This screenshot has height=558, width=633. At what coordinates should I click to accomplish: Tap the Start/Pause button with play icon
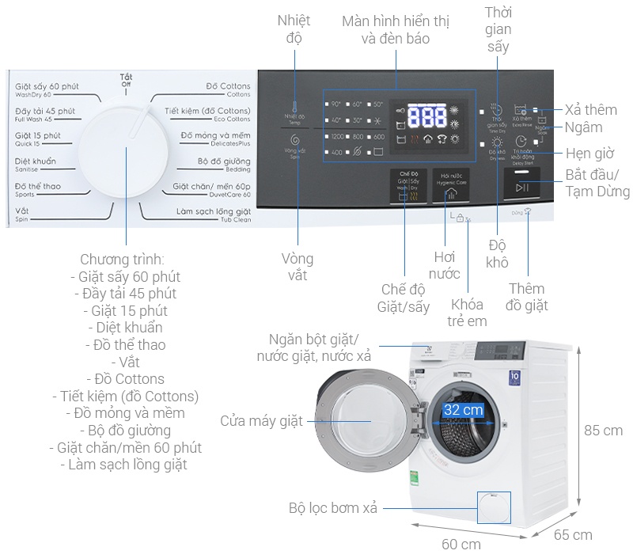point(522,187)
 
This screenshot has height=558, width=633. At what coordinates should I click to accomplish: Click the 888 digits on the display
point(430,118)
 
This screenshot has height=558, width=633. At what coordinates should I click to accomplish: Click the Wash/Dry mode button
point(409,187)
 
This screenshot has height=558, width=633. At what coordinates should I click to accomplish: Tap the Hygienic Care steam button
point(449,187)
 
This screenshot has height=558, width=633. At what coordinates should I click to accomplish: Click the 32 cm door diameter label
point(463,410)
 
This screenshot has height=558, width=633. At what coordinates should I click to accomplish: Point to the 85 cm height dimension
point(603,431)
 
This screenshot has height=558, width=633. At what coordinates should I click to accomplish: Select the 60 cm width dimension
point(461,544)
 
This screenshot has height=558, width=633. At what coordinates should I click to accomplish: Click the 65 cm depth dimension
point(572,534)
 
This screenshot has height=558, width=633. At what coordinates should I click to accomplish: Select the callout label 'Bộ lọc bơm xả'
point(333,508)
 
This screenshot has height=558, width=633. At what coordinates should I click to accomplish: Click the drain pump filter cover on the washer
point(493,507)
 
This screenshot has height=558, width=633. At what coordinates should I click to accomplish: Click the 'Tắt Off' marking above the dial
point(126,80)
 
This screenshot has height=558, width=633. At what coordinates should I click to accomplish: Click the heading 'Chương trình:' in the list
point(123,260)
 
